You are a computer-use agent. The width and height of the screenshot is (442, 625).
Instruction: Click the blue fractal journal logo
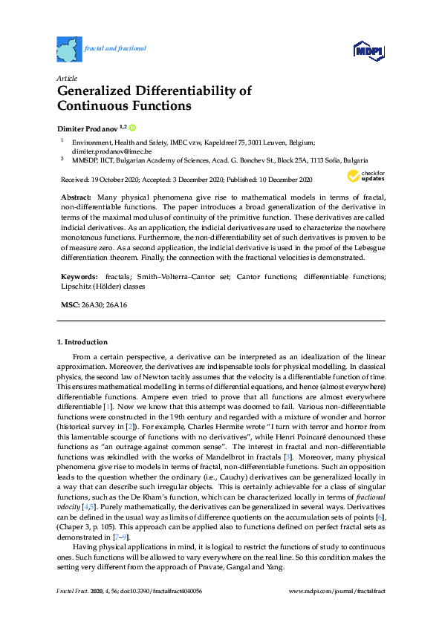coord(69,49)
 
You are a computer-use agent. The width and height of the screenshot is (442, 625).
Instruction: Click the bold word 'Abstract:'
coord(76,197)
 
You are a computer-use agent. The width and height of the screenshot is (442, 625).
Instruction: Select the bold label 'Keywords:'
coord(79,276)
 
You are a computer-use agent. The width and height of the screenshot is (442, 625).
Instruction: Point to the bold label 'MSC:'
coord(69,305)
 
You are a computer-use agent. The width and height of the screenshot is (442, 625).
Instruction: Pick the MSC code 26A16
coord(116,305)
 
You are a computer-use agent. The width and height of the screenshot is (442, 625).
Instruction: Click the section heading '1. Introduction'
coord(82,342)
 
